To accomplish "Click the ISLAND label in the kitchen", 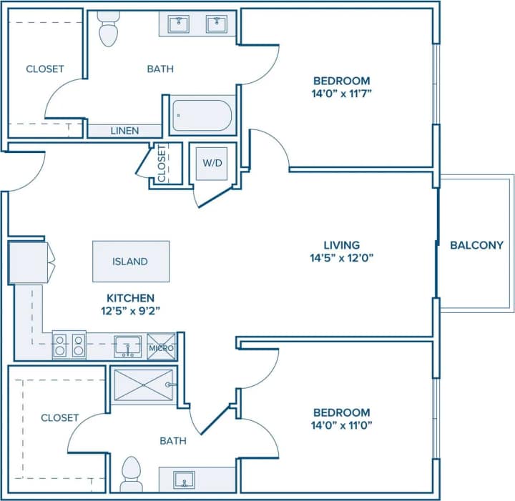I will pyautogui.click(x=130, y=262).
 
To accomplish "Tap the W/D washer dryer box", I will pyautogui.click(x=212, y=163).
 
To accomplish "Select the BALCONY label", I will pyautogui.click(x=476, y=245).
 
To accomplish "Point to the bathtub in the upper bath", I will pyautogui.click(x=201, y=115).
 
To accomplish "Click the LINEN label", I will pyautogui.click(x=124, y=131).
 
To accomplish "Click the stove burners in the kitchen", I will pyautogui.click(x=69, y=346).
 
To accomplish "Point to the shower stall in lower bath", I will pyautogui.click(x=144, y=385).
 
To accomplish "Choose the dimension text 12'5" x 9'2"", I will pyautogui.click(x=130, y=311).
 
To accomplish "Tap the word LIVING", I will pyautogui.click(x=341, y=244).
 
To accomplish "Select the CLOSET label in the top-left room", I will pyautogui.click(x=45, y=69).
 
